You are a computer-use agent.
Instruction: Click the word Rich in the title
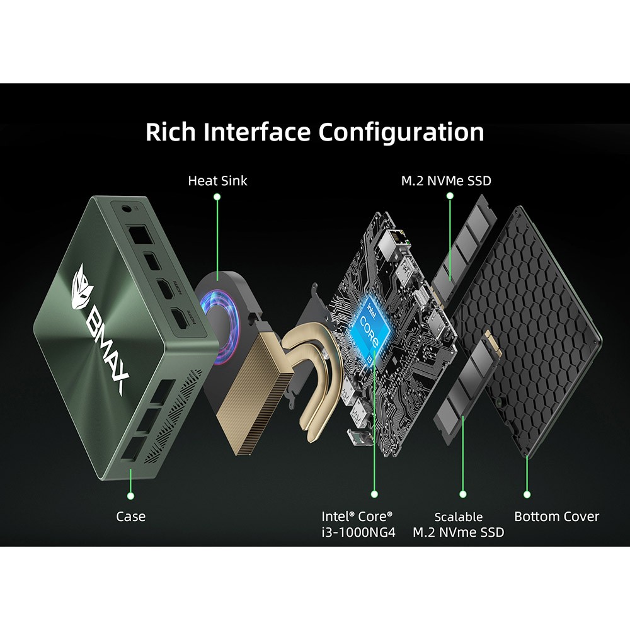coord(169,132)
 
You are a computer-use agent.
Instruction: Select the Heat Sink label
coord(217,181)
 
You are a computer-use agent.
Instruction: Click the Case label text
coord(130,517)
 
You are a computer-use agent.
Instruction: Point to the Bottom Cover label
coord(557,517)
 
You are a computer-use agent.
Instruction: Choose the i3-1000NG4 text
coord(358,532)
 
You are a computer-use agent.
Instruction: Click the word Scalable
coord(459,517)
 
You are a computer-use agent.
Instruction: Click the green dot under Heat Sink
coord(217,197)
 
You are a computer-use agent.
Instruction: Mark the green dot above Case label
coord(131,495)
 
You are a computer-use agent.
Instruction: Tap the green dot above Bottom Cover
coord(527,495)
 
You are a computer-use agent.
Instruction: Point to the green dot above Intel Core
coord(374,495)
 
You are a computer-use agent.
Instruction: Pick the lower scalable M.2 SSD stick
coord(462,384)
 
